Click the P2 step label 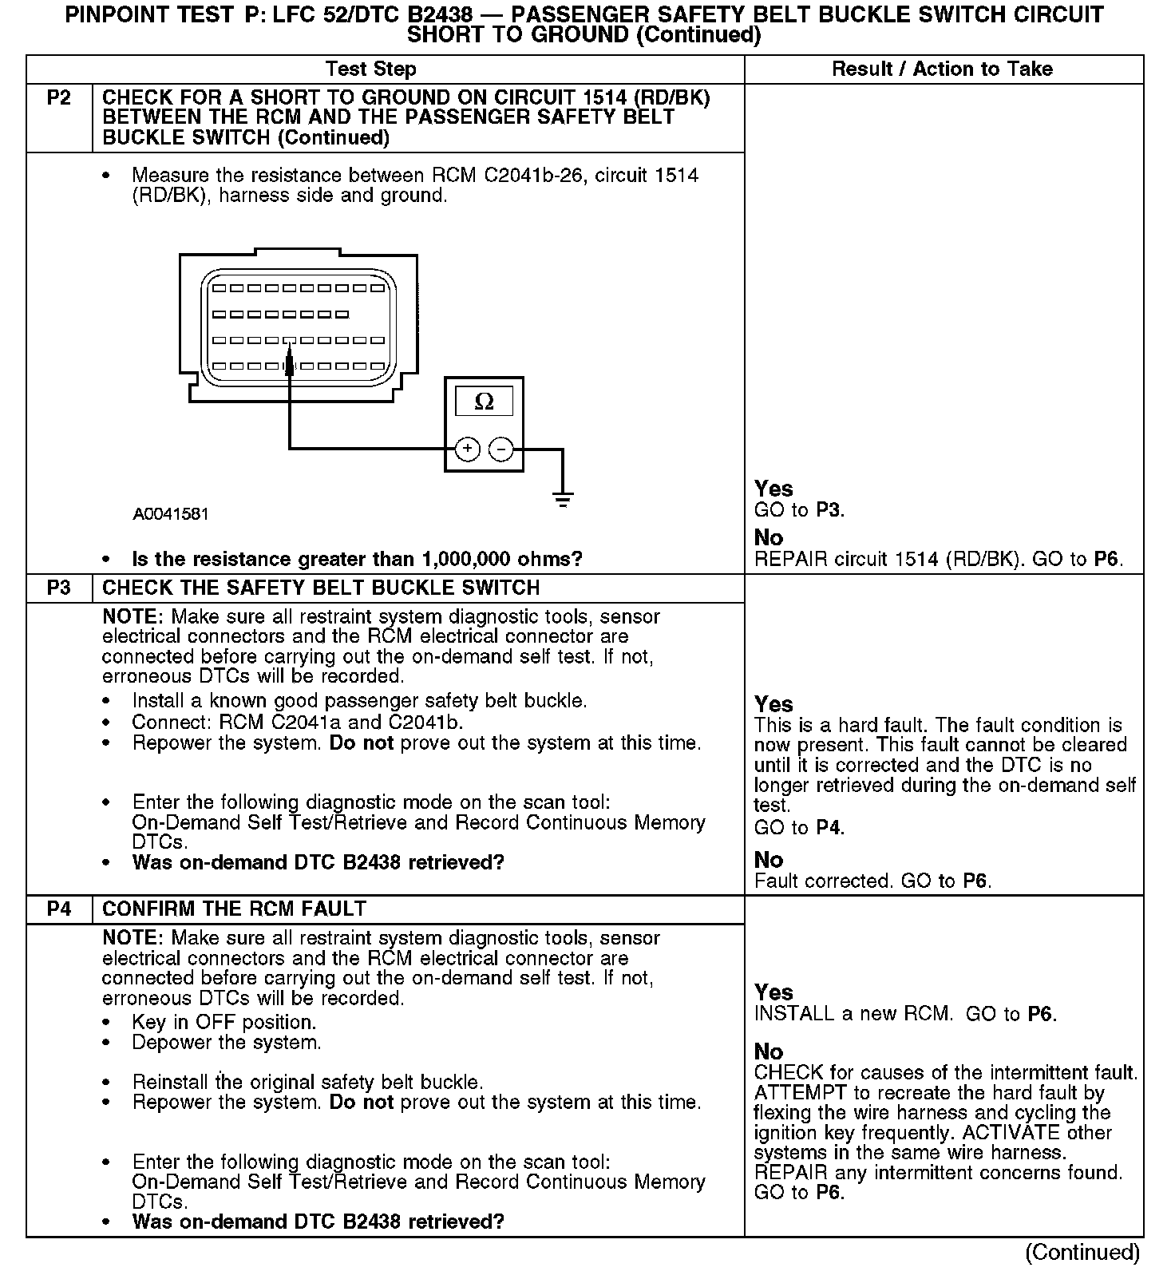(58, 98)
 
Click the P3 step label (58, 588)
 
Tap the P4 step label (58, 909)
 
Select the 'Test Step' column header (370, 69)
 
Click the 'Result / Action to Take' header (942, 69)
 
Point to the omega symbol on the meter (484, 401)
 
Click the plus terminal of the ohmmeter (467, 449)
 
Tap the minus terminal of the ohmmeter (500, 449)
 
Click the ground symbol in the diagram (563, 500)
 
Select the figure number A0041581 (171, 514)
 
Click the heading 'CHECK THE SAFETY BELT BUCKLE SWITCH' (321, 588)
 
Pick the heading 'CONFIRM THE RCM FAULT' (234, 909)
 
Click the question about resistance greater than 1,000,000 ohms (357, 559)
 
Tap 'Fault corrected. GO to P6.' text (872, 881)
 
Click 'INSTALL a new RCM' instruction (853, 1014)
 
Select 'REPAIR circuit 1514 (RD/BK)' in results (888, 559)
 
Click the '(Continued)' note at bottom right (1082, 1253)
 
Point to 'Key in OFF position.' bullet (224, 1022)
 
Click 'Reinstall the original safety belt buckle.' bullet (307, 1083)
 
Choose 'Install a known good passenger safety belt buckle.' (359, 701)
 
